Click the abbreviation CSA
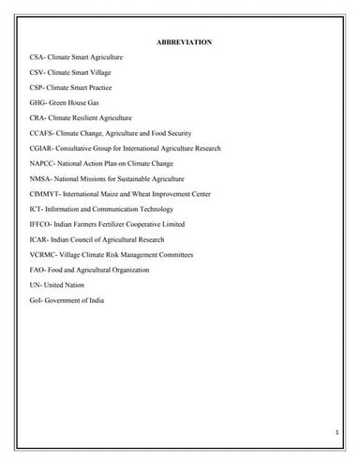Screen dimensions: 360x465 [37, 58]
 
